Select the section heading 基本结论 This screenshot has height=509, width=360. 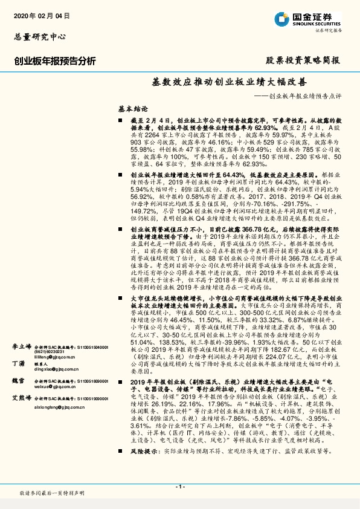tap(115, 109)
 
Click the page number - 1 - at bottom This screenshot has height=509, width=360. tap(179, 487)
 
